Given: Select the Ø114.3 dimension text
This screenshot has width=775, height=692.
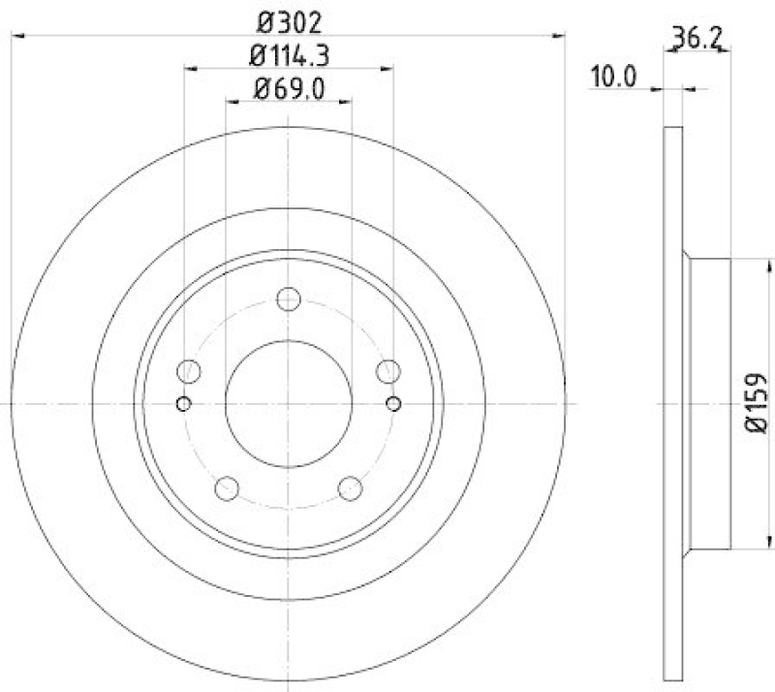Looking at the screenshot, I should (x=290, y=56).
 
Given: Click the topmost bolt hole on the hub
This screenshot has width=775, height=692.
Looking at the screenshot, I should (x=288, y=299).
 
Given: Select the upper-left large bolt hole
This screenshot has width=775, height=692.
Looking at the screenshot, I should (x=189, y=370).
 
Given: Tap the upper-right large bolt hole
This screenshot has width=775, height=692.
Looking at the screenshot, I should (x=387, y=370).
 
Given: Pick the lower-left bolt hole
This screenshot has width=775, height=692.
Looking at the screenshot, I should (x=227, y=488).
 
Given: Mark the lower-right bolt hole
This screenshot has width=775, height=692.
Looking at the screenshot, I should (x=350, y=488).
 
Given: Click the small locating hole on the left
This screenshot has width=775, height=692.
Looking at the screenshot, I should (x=184, y=402).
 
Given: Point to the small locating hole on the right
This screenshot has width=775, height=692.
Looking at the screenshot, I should (x=392, y=402).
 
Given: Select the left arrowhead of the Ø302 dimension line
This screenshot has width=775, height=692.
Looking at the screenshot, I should (x=16, y=36).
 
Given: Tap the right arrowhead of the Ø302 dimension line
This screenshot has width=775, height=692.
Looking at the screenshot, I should (x=559, y=36).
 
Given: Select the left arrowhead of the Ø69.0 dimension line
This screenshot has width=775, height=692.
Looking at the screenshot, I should (x=231, y=100).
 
